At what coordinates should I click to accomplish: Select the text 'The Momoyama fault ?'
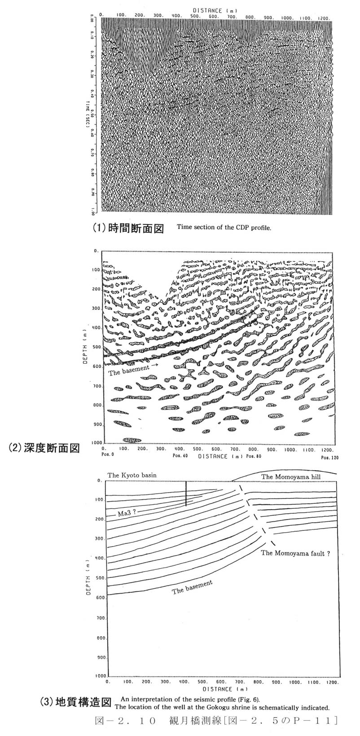(x=295, y=554)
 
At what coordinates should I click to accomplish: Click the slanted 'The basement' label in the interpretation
(x=192, y=587)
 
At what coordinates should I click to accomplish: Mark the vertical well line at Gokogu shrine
(x=186, y=494)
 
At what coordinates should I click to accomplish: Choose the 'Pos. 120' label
(x=330, y=458)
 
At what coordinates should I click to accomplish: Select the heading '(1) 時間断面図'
(x=128, y=228)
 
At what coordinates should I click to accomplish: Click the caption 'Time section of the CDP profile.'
(x=224, y=227)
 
